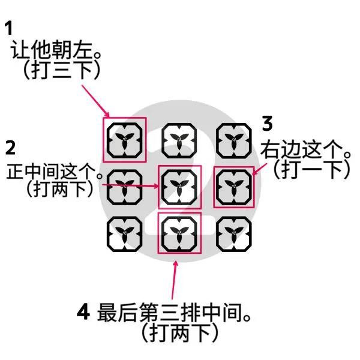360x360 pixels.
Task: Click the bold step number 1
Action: click(x=9, y=28)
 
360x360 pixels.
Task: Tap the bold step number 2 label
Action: click(x=10, y=148)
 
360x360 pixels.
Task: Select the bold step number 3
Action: click(x=267, y=123)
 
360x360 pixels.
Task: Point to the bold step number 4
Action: click(x=83, y=312)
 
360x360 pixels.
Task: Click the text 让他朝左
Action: click(x=52, y=50)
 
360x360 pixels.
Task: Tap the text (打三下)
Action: click(x=62, y=70)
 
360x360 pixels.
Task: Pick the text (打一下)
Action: click(x=311, y=169)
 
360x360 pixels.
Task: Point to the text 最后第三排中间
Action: click(x=170, y=312)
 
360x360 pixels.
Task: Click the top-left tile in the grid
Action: click(x=124, y=140)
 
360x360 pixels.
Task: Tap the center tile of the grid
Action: click(x=179, y=187)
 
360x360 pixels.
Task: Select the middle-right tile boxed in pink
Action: click(x=234, y=187)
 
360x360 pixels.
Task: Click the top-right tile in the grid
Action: click(x=234, y=140)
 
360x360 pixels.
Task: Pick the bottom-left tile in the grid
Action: click(x=124, y=234)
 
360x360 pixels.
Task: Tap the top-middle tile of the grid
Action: click(x=179, y=140)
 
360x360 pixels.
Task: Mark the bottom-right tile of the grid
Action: click(x=234, y=234)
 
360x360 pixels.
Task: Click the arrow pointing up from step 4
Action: click(x=174, y=280)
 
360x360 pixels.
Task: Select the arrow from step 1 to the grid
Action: click(x=95, y=101)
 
